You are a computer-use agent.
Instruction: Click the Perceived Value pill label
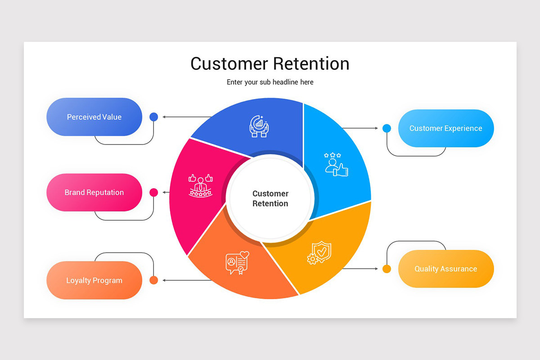point(94,117)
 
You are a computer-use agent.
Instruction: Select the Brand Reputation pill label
point(94,193)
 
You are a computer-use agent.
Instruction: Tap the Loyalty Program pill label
point(94,280)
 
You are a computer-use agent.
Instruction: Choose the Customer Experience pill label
point(445,128)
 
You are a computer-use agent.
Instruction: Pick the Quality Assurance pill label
point(445,269)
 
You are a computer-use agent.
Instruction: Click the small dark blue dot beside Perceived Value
point(153,117)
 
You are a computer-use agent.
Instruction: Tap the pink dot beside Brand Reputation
point(153,193)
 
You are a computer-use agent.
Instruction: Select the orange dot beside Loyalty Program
point(153,280)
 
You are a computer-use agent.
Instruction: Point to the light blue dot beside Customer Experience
point(387,128)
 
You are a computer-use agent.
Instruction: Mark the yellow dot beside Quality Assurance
point(387,269)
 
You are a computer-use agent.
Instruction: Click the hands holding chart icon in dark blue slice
point(259,126)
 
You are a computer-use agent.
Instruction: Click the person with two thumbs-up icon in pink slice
point(200,185)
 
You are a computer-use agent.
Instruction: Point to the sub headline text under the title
point(270,82)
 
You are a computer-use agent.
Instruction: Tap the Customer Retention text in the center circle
point(270,198)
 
